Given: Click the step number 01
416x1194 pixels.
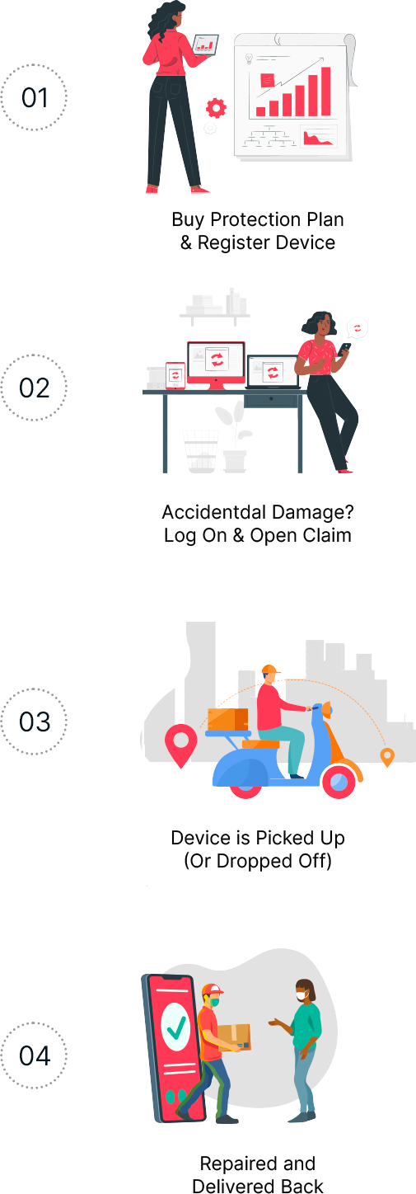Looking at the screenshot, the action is tap(35, 98).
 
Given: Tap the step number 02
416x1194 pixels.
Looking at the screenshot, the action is tap(35, 388).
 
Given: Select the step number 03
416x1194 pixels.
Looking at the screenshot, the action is tap(35, 722).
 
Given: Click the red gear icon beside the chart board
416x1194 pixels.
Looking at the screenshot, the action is tap(216, 108).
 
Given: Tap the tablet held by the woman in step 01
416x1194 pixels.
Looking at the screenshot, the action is tap(206, 45).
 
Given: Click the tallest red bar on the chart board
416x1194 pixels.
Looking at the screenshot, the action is tap(325, 92).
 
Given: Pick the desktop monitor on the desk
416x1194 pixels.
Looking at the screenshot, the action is tap(217, 364).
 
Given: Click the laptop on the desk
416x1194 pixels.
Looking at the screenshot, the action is tap(273, 372).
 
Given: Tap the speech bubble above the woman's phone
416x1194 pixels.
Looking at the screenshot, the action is tap(357, 328).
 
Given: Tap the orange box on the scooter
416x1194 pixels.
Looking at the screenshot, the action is tap(227, 720).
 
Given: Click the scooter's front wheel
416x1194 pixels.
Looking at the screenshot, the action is tap(339, 782).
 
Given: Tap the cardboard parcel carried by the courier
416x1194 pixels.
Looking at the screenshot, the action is tap(235, 1037).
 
